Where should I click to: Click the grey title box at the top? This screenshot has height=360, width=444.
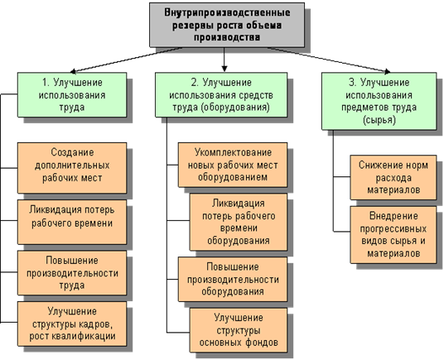[x=227, y=25]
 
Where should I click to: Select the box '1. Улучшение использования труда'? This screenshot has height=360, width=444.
[x=72, y=94]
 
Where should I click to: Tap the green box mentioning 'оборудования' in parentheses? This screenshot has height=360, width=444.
[x=221, y=94]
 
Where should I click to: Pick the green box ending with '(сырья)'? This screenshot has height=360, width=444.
[x=379, y=101]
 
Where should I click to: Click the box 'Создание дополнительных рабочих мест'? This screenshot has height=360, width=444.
[x=72, y=168]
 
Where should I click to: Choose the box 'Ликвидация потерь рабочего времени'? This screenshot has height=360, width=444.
[x=72, y=222]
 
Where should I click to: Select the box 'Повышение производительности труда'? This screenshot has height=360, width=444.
[x=72, y=273]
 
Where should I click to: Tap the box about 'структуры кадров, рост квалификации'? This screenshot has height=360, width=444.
[x=72, y=324]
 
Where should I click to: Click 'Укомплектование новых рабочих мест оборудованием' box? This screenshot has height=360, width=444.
[x=233, y=165]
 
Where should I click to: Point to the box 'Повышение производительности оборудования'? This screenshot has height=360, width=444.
[x=233, y=279]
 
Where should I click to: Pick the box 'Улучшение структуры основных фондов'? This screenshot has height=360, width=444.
[x=239, y=330]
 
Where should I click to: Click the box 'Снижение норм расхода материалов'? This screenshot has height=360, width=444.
[x=393, y=177]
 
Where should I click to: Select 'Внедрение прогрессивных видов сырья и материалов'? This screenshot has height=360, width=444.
[x=393, y=235]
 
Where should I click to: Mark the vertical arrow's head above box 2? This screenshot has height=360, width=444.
[x=224, y=69]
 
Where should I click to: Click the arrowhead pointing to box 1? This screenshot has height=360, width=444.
[x=73, y=71]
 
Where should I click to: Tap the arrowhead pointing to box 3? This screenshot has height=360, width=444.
[x=388, y=71]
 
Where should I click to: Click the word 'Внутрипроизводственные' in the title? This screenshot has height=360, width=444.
[x=227, y=12]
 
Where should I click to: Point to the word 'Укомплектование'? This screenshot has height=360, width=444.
[x=233, y=152]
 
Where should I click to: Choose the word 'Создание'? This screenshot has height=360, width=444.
[x=72, y=152]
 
